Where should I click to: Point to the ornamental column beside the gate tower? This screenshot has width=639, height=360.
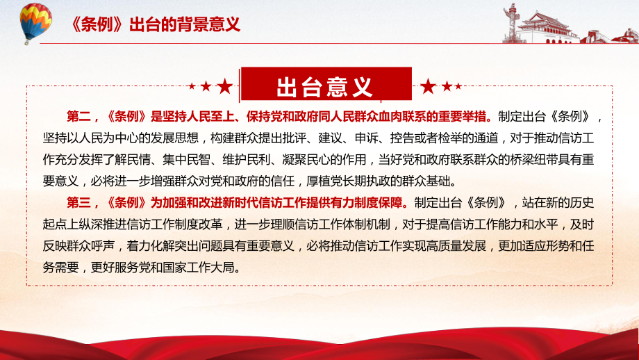click(x=510, y=22)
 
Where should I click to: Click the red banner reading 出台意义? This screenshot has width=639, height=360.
click(x=326, y=85)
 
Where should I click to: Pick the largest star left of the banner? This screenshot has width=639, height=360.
click(x=224, y=86)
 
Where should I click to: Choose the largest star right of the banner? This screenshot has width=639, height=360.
click(x=428, y=86)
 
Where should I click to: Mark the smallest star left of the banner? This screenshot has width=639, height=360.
click(x=192, y=86)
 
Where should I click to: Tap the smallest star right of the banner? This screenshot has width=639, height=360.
click(x=458, y=86)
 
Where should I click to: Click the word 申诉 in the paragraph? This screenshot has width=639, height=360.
click(x=366, y=138)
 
